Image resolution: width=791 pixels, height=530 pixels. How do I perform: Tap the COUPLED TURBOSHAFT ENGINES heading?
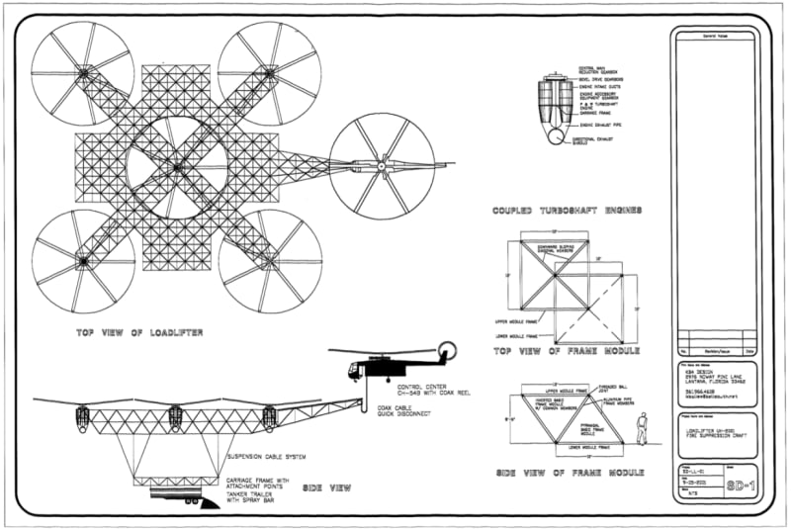(x=568, y=211)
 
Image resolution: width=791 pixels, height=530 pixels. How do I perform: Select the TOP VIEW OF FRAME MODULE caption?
(x=569, y=350)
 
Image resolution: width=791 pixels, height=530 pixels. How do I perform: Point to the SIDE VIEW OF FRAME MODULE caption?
(x=569, y=474)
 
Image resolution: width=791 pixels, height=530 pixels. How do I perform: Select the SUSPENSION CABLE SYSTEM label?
(x=269, y=457)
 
